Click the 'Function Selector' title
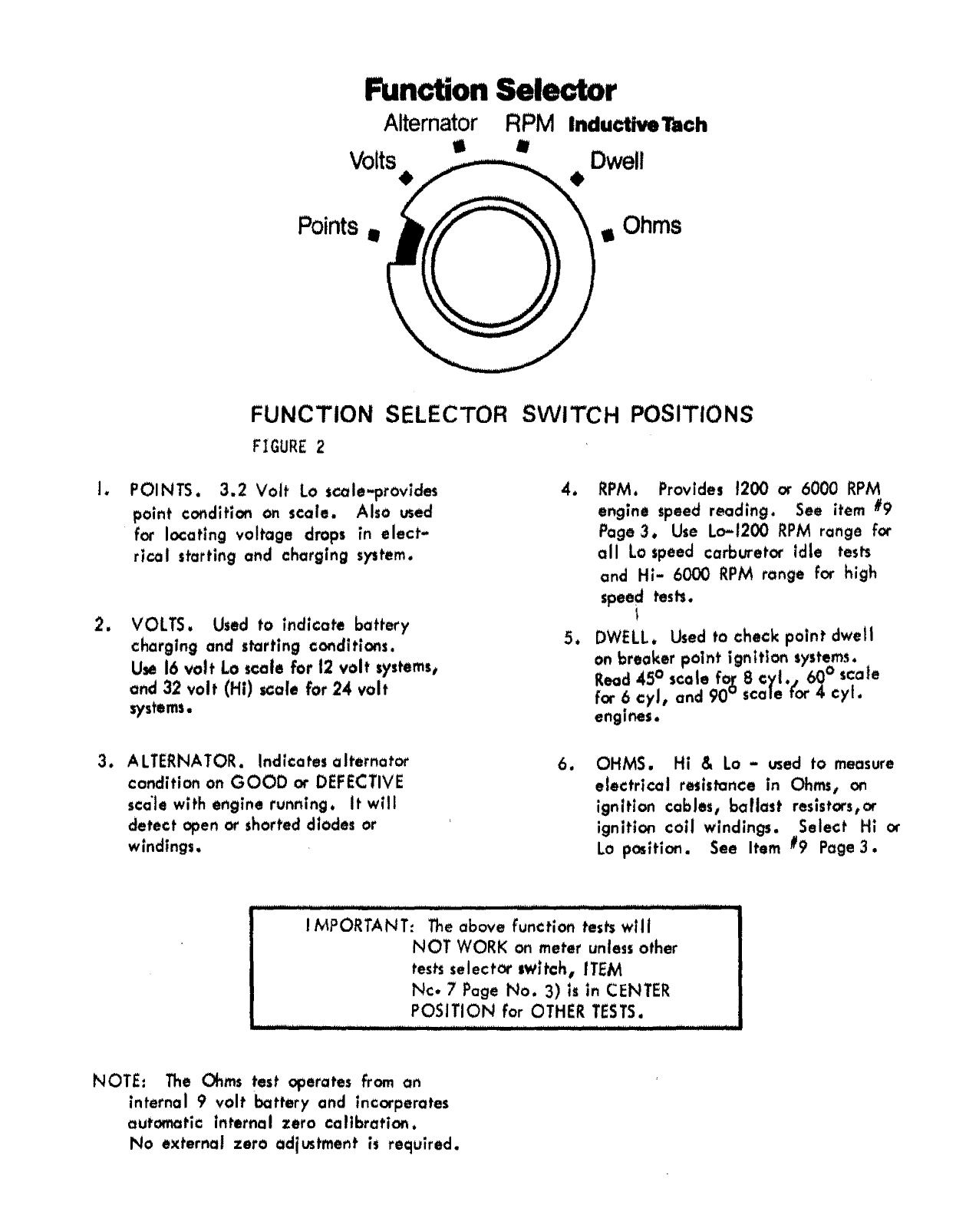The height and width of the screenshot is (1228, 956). pos(490,91)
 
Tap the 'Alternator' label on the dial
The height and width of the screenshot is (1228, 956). pos(430,123)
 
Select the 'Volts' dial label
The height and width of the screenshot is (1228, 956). pos(373,161)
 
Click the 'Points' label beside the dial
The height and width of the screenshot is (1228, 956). pos(328,226)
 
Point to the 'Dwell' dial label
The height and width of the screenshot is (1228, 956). pos(616,161)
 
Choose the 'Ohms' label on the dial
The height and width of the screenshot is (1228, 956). pos(651,226)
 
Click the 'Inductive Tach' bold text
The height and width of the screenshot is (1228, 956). pos(638,125)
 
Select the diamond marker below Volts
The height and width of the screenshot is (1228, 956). pos(407,179)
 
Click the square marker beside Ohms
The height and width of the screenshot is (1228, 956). pos(608,235)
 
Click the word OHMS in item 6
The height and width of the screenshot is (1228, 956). pos(624,764)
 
